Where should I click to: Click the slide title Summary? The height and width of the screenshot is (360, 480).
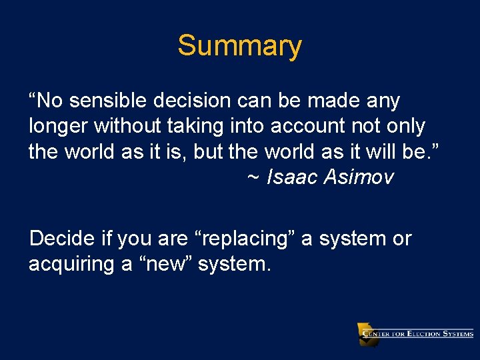click(239, 46)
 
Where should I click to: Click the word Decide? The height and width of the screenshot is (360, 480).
click(61, 239)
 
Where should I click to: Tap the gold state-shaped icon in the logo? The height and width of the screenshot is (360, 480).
click(367, 333)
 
